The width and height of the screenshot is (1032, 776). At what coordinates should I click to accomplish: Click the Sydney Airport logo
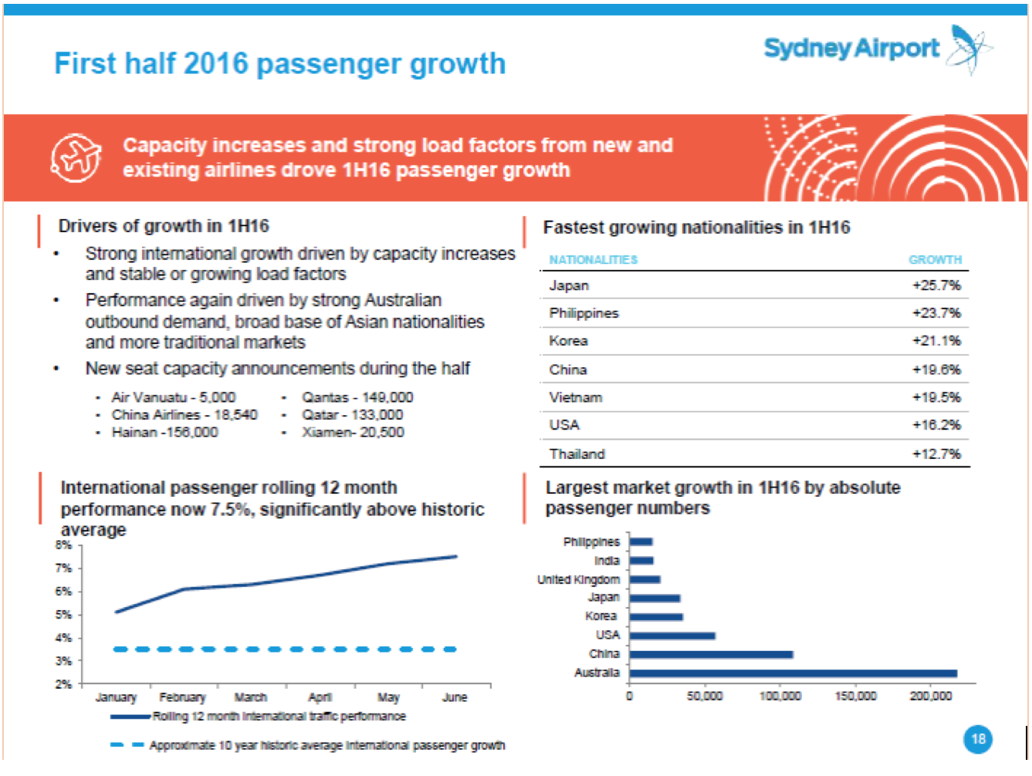tap(876, 49)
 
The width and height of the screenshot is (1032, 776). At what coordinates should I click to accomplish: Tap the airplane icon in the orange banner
tap(76, 157)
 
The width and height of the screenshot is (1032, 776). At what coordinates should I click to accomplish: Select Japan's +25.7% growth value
tap(936, 285)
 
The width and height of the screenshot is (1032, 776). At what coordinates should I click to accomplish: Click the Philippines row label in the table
tap(584, 313)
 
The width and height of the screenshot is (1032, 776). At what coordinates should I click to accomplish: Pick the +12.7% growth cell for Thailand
tap(936, 454)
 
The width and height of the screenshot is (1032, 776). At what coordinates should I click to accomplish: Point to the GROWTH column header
tap(935, 260)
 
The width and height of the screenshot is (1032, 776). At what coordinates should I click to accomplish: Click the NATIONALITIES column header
tap(593, 260)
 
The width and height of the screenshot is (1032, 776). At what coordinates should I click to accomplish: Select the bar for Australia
tap(793, 673)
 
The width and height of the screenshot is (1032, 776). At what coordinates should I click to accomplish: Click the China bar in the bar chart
tap(711, 654)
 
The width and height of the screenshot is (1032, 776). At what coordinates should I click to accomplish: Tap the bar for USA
tap(672, 636)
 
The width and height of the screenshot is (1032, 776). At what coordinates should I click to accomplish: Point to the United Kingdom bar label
tap(578, 579)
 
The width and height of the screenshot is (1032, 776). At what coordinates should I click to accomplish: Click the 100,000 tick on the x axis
tap(780, 697)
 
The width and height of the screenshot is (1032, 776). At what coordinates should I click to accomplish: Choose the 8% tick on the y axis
tap(63, 545)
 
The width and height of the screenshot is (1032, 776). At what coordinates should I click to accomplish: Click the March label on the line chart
tap(250, 697)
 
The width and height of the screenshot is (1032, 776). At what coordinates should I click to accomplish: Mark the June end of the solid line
tap(455, 556)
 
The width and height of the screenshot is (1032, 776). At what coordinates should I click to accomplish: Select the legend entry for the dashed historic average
tap(309, 745)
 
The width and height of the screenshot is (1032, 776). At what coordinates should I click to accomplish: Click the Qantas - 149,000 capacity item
tap(357, 397)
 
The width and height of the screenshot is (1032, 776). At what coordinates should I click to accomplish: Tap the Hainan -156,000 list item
tap(164, 432)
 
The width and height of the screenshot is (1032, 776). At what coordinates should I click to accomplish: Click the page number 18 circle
tap(978, 739)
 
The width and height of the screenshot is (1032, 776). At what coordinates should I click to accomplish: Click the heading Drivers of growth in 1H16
tap(164, 226)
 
